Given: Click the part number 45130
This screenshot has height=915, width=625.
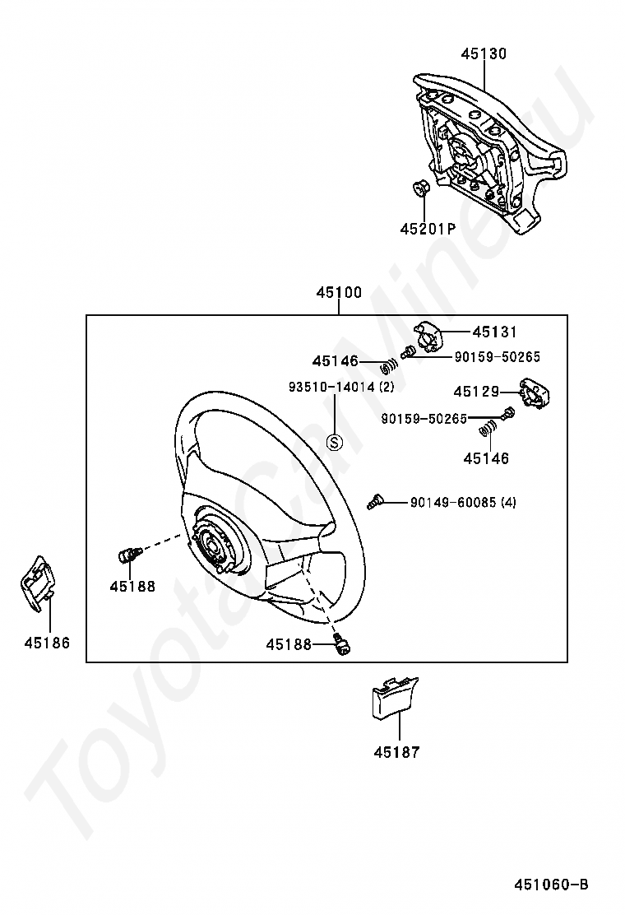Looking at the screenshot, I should [484, 54].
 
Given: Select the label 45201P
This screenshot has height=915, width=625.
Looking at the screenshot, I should [428, 230].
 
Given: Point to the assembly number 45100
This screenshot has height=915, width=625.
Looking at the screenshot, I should [339, 292].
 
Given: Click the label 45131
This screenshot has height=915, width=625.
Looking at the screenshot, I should [495, 332].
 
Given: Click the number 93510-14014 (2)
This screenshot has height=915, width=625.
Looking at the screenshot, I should [341, 386].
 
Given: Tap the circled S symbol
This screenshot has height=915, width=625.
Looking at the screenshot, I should [335, 442].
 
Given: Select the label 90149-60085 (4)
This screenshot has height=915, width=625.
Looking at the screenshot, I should [463, 502].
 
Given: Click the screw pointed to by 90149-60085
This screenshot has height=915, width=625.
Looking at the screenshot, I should [376, 499].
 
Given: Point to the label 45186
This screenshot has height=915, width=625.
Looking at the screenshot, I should [47, 643].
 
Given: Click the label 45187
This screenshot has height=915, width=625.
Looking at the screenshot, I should [396, 752].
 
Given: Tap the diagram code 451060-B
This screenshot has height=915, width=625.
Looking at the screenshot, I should [551, 885].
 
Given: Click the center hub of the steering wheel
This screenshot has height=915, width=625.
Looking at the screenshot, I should [213, 544].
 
